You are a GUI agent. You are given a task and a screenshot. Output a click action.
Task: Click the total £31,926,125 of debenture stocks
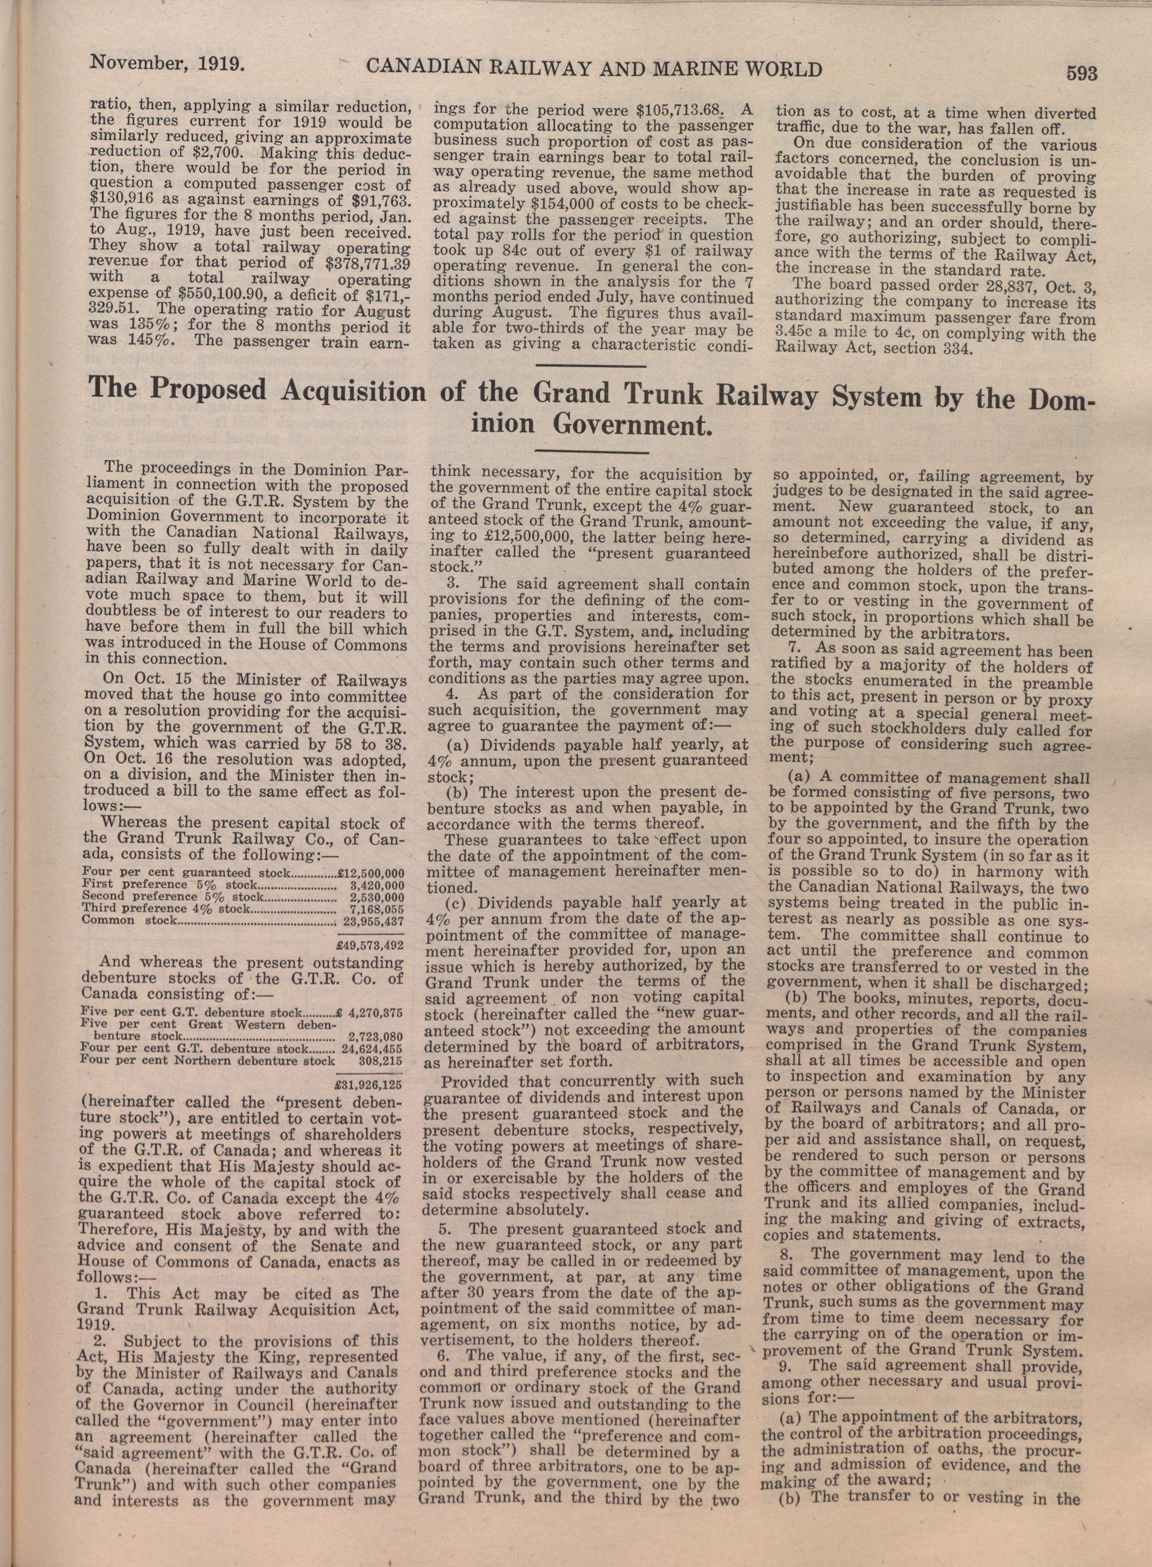pos(369,1085)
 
